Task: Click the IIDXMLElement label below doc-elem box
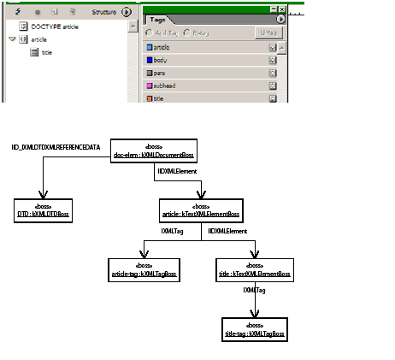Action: click(x=176, y=172)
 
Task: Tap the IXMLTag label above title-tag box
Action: click(x=253, y=291)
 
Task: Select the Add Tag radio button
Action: click(x=150, y=32)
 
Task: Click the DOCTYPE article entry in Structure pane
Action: click(x=55, y=27)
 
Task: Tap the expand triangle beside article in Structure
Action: click(x=12, y=39)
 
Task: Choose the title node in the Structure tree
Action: click(x=47, y=52)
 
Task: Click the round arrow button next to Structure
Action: click(x=127, y=12)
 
